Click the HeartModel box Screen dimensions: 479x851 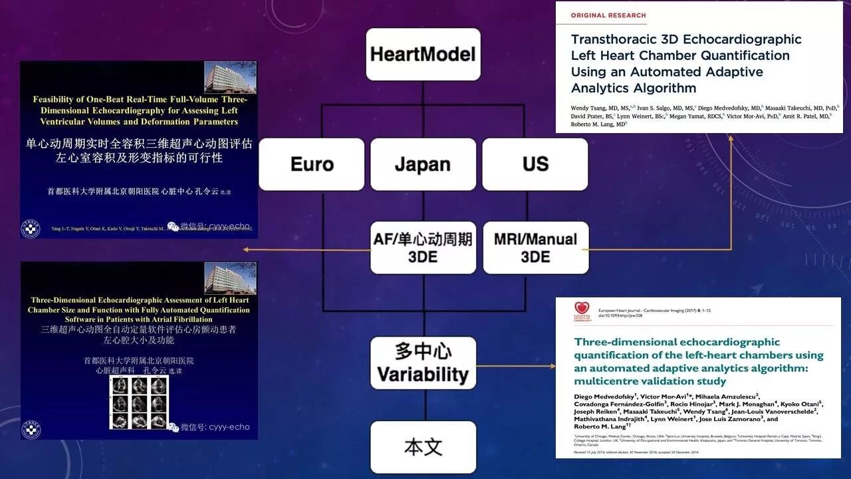point(423,54)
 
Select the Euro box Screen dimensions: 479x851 point(312,164)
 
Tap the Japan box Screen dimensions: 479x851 point(423,164)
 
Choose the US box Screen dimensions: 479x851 point(535,164)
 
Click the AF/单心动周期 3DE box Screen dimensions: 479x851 point(423,247)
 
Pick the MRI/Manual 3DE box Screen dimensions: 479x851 point(535,247)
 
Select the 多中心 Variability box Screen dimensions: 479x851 point(423,363)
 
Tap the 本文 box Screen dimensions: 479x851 point(423,447)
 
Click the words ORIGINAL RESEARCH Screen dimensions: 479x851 point(608,15)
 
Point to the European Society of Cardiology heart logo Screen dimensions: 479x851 point(582,310)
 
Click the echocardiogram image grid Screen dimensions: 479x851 point(139,402)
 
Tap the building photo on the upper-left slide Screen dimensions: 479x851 point(229,77)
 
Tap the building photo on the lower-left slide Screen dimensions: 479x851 point(229,278)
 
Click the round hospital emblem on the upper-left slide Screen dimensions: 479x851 point(31,228)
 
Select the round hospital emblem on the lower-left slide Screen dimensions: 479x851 point(31,429)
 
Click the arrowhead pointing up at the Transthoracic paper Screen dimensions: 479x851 point(731,138)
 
